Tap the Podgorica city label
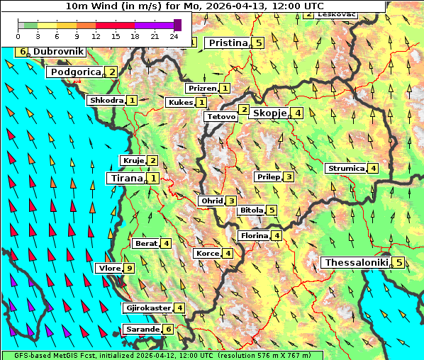pos(76,72)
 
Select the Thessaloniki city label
pos(356,262)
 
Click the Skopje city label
pos(269,113)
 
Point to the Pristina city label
pos(228,43)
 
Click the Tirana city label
pos(126,178)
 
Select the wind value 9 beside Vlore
pos(129,268)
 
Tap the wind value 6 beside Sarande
pos(168,329)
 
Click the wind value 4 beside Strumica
pos(373,168)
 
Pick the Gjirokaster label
pos(147,308)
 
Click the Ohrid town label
pos(211,201)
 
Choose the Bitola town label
pos(251,210)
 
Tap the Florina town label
pos(254,235)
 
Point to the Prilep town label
pos(268,176)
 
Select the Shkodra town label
pos(106,100)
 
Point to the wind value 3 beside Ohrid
pos(231,201)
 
